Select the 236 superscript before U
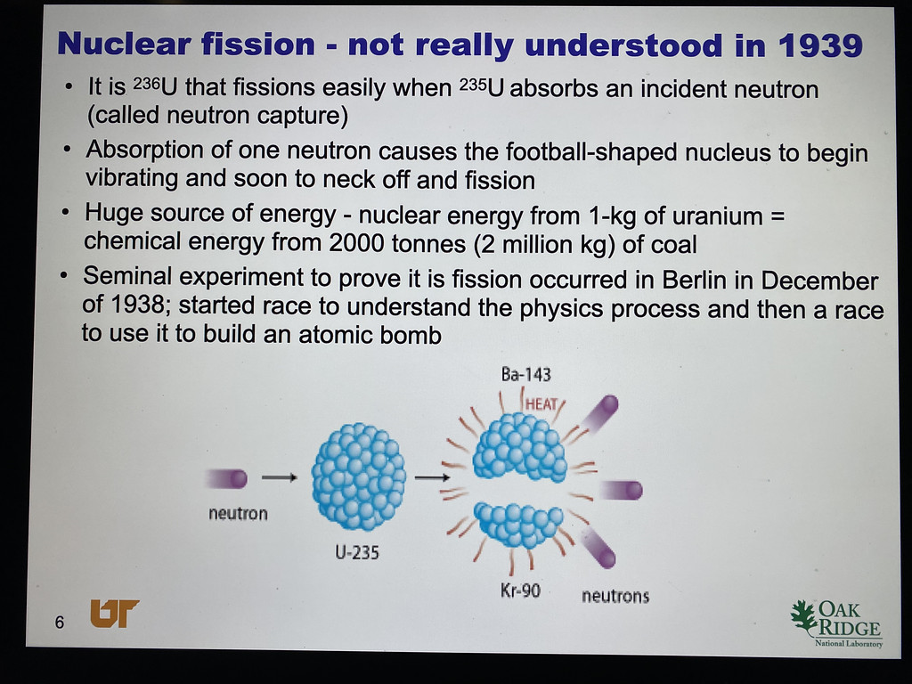click(146, 83)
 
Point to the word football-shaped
click(591, 152)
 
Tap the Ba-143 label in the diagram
click(525, 374)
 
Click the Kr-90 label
click(520, 591)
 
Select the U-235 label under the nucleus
click(357, 551)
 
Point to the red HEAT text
click(541, 403)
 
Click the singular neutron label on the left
click(238, 514)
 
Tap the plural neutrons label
click(615, 596)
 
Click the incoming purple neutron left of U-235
click(227, 478)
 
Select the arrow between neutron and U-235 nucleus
click(279, 477)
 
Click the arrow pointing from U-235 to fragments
click(432, 477)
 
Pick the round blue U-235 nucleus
click(358, 476)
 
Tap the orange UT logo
click(115, 613)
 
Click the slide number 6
click(60, 623)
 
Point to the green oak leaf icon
click(804, 618)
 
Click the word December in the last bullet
click(819, 281)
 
